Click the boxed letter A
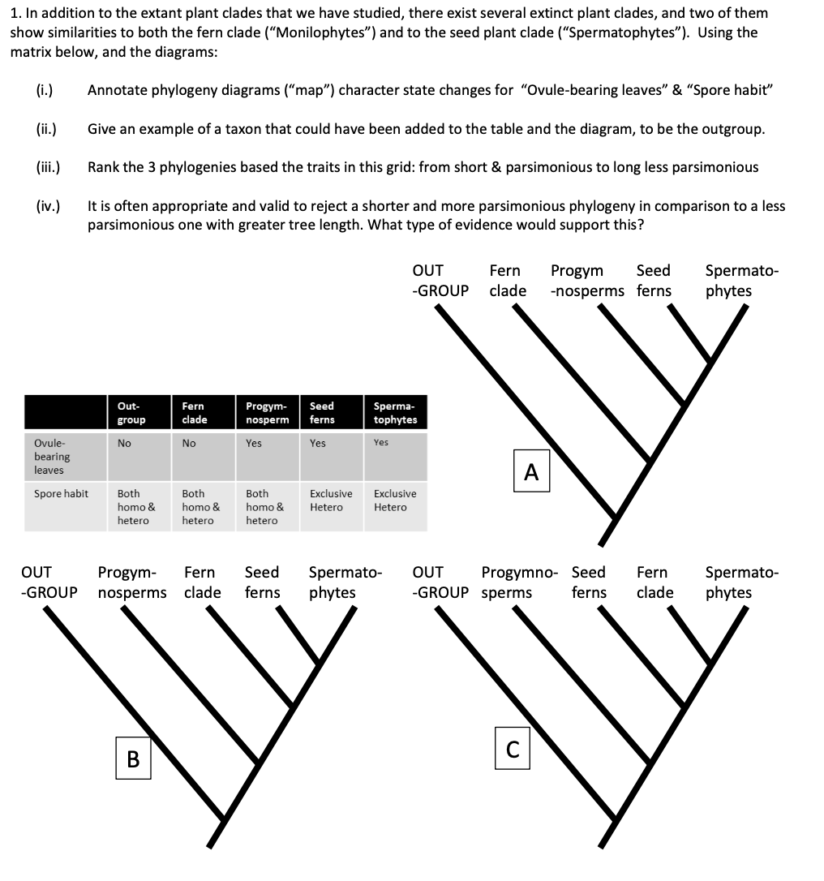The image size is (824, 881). [531, 471]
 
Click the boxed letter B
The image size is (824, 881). [133, 759]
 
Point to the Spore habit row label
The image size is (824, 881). [62, 493]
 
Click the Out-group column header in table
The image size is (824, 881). [131, 413]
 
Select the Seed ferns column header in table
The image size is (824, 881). [322, 413]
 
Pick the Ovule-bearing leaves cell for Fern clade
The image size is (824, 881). [189, 443]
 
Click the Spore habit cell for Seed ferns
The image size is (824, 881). [331, 500]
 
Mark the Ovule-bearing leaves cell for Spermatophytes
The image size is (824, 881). [381, 443]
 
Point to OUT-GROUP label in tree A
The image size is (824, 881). [440, 281]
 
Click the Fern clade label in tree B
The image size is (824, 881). [202, 582]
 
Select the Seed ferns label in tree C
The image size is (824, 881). [589, 582]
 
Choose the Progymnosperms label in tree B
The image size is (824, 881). [132, 582]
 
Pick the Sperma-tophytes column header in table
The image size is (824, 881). [395, 413]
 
